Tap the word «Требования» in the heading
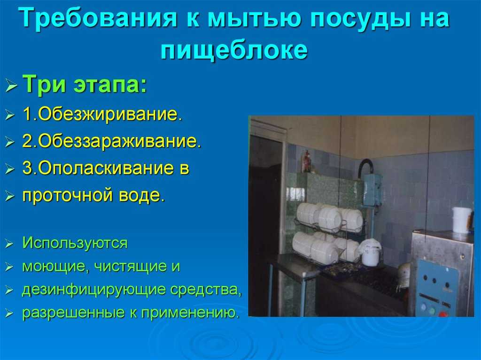pos(98,17)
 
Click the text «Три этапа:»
pos(85,84)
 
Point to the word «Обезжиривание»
pos(108,115)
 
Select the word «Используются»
pos(75,243)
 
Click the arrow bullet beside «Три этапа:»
pos(11,85)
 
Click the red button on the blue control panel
pos(442,314)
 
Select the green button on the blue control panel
pos(432,311)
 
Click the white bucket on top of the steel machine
pos(462,220)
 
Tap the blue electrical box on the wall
pos(372,190)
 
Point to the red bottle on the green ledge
pos(306,161)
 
